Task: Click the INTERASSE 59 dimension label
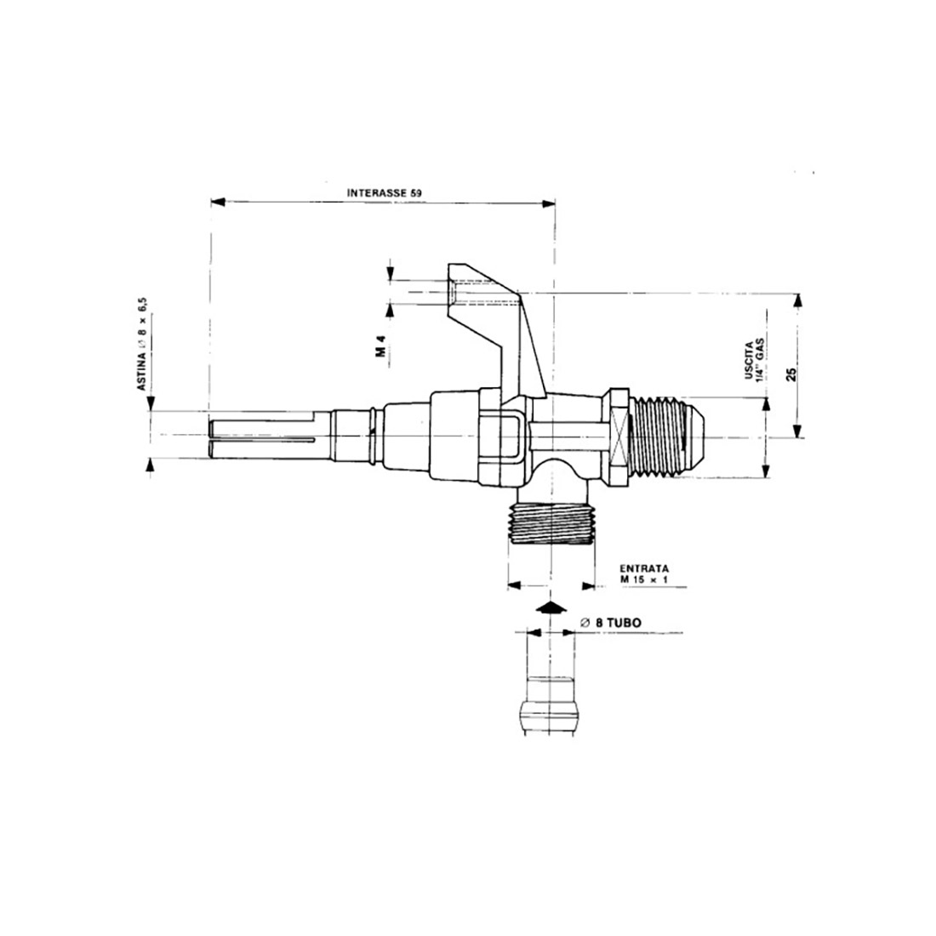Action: [384, 192]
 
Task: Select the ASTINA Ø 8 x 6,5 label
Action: [143, 344]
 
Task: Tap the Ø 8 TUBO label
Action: [609, 622]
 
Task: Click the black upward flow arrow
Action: [552, 607]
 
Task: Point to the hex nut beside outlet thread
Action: [619, 437]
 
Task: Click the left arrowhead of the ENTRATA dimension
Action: [513, 585]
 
